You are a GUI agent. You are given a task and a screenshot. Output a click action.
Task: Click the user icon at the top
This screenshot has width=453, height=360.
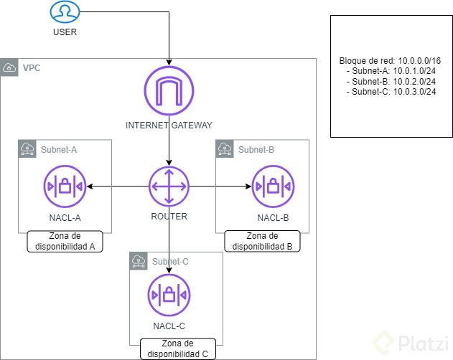(64, 11)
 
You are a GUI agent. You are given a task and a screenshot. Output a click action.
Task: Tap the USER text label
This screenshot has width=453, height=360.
(65, 32)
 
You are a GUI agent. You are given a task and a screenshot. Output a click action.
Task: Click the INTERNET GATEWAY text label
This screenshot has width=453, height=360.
(169, 125)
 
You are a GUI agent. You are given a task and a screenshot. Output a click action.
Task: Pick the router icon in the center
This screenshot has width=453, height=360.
(169, 186)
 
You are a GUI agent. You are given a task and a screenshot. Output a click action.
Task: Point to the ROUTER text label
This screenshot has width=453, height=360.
(169, 216)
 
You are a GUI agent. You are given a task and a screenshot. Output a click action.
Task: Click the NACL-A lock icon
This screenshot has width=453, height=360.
(64, 186)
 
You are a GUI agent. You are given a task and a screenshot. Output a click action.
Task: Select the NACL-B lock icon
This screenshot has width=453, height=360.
(272, 186)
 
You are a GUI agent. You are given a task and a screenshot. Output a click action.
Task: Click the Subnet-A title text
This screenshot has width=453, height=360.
(59, 149)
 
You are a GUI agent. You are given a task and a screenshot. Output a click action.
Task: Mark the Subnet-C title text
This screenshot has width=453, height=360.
(170, 261)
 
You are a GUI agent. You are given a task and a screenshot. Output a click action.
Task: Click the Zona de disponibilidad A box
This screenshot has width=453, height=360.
(65, 242)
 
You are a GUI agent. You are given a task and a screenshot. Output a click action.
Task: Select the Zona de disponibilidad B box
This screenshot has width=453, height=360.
(262, 240)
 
